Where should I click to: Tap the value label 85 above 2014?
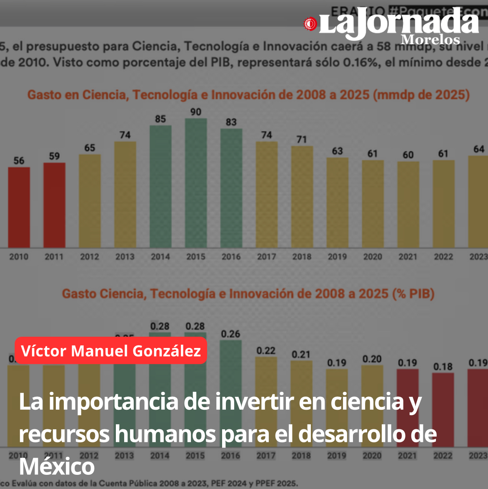160,119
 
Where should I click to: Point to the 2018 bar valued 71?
302,197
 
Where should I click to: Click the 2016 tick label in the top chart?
231,257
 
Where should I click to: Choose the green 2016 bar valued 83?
231,188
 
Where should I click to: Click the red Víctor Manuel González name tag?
111,350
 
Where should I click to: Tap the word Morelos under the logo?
430,40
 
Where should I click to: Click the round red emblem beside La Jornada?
310,24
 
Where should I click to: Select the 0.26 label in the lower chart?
230,334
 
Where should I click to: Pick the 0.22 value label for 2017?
266,350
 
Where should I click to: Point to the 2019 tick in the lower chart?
337,455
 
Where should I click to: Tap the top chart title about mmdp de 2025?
248,95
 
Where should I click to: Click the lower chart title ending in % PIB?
248,294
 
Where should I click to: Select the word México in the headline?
57,466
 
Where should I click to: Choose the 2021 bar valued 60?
408,204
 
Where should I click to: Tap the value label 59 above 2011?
54,156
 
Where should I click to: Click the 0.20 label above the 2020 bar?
372,359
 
